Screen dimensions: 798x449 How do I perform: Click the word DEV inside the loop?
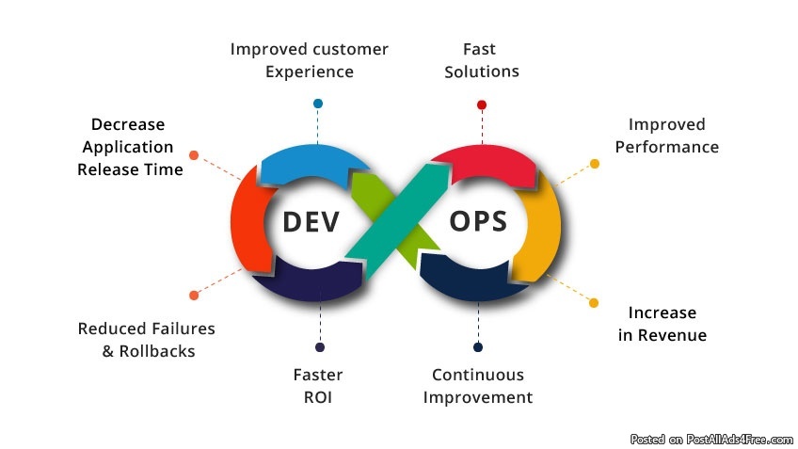pos(311,222)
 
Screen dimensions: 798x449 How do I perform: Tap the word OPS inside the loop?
pos(478,221)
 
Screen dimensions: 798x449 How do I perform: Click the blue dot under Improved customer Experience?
pos(318,104)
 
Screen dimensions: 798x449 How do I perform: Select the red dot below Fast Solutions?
pos(482,104)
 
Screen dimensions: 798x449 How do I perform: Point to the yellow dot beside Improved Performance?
pos(595,164)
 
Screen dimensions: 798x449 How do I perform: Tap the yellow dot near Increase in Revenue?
pos(594,303)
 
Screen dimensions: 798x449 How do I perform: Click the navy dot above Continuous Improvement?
pos(478,347)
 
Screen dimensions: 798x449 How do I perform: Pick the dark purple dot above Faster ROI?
pos(320,347)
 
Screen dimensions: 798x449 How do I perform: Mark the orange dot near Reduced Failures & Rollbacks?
pos(194,296)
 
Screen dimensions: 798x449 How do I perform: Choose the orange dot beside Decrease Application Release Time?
pos(194,155)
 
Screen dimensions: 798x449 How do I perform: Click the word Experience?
pos(310,72)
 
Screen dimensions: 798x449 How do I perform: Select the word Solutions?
pos(482,72)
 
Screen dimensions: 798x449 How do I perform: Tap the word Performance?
pos(666,147)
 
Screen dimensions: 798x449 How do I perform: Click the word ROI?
pos(318,397)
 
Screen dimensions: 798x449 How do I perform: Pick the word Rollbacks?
pos(157,351)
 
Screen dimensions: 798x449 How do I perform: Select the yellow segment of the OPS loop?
pos(538,227)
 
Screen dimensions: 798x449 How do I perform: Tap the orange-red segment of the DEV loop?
pos(248,220)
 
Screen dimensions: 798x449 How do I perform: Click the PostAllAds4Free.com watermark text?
pos(740,440)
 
